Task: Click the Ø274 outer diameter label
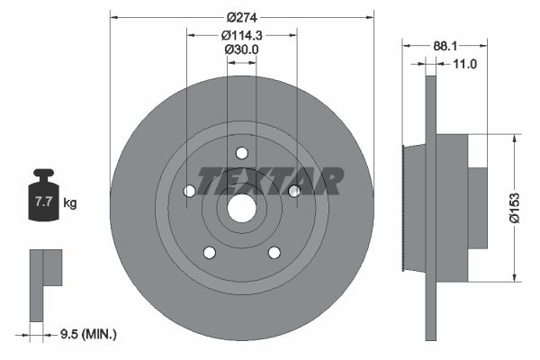(x=242, y=17)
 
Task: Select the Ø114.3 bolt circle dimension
(x=242, y=35)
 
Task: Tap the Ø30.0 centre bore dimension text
(x=242, y=49)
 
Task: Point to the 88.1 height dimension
(x=445, y=46)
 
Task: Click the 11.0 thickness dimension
(x=464, y=64)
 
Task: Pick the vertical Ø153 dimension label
(x=515, y=208)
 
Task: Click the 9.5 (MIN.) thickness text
(x=88, y=334)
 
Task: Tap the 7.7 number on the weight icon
(x=43, y=202)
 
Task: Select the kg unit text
(x=70, y=202)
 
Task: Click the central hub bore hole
(x=242, y=208)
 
